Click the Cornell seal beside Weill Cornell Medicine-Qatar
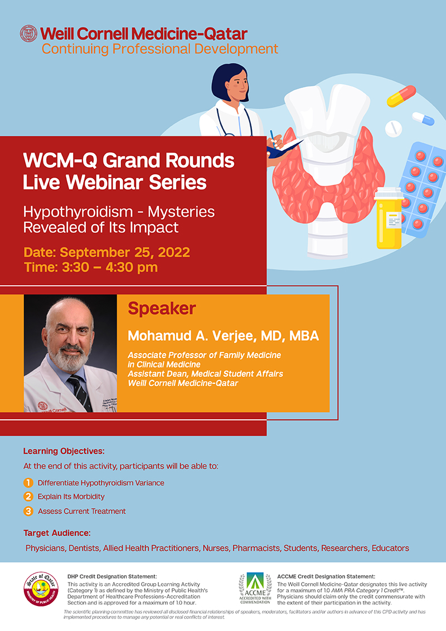28,34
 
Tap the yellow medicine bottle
389,218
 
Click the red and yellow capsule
401,96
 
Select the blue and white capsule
423,119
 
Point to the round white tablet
393,129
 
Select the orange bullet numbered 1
28,482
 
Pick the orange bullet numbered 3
28,511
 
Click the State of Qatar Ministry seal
41,589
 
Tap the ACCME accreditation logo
255,588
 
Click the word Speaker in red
162,309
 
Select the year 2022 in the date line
173,252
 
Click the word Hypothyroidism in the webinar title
77,212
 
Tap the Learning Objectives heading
64,451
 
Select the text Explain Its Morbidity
71,497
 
